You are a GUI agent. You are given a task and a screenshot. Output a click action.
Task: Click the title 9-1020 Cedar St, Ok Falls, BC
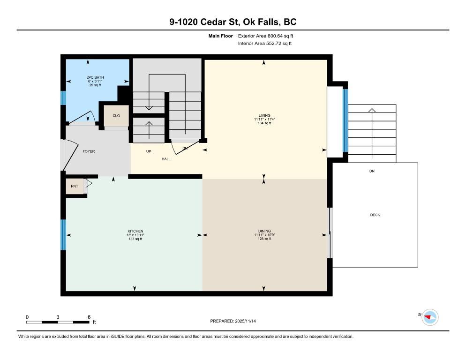tap(233, 22)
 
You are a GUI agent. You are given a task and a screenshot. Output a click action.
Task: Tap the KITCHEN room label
tap(135, 231)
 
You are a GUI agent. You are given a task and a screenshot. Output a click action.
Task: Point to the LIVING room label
tap(265, 115)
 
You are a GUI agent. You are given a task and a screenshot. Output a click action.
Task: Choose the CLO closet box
tap(116, 115)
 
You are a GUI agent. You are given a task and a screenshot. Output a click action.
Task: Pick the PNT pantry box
tap(74, 186)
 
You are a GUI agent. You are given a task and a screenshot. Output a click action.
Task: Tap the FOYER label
tap(89, 151)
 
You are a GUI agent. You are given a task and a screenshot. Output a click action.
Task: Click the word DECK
tap(375, 215)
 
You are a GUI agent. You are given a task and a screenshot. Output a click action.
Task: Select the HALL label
tap(166, 159)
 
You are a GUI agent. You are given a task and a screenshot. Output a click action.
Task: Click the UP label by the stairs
tap(148, 151)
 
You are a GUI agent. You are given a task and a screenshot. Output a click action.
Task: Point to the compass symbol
tap(429, 317)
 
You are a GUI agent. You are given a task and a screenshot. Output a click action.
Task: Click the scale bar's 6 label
tap(89, 317)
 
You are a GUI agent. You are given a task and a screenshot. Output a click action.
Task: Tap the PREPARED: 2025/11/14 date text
tap(233, 321)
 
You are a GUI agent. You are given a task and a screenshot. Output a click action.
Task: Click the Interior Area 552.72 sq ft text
tap(265, 44)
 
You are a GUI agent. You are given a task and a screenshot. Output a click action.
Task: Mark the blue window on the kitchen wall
tap(63, 234)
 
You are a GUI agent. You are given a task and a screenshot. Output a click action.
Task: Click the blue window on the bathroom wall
tap(63, 97)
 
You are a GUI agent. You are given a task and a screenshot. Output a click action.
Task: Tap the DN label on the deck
tap(372, 172)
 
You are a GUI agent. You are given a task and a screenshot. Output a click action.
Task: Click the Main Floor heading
tap(221, 36)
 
